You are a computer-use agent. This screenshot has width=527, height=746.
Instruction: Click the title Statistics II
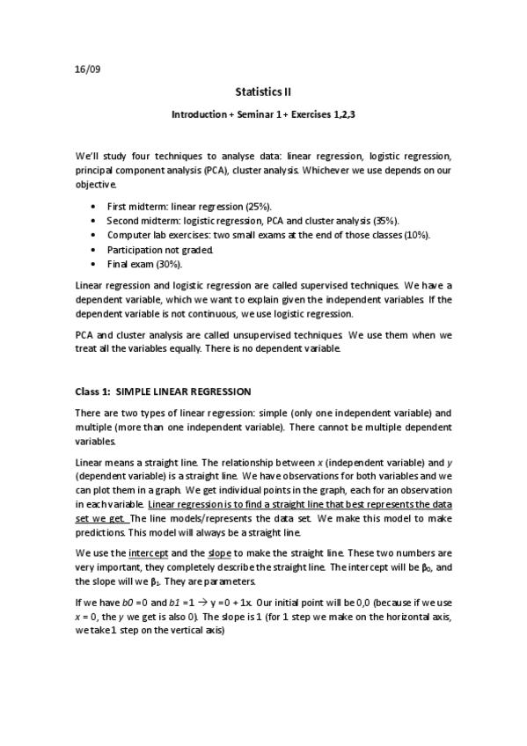click(x=263, y=91)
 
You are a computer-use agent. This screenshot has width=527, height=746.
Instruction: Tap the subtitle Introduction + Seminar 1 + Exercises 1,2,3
click(x=263, y=114)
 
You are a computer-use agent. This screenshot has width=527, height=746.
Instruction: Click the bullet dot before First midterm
click(x=94, y=206)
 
